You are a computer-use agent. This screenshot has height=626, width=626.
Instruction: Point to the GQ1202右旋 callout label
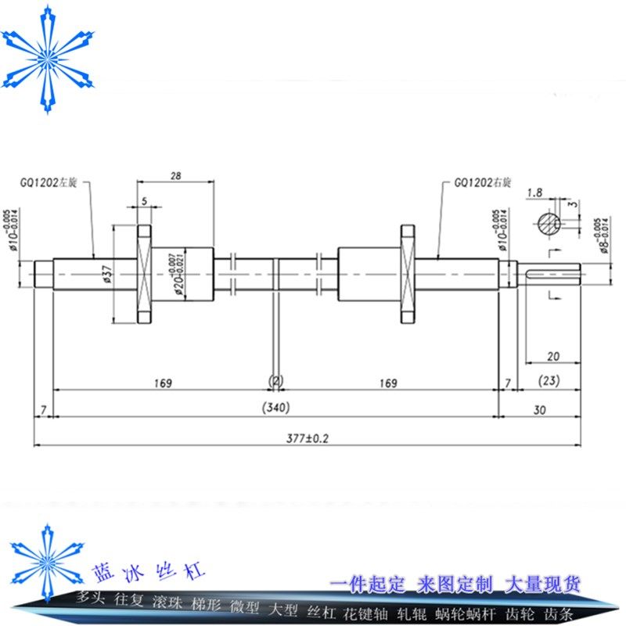[x=484, y=183]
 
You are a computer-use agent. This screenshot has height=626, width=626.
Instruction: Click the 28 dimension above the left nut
[x=175, y=176]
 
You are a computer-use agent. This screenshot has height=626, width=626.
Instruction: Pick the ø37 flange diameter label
[x=107, y=272]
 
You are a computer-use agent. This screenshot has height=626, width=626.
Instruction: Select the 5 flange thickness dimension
[x=145, y=200]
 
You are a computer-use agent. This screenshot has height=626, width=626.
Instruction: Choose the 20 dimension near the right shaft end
[x=553, y=356]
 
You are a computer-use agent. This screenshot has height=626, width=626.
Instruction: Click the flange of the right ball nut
[x=407, y=273]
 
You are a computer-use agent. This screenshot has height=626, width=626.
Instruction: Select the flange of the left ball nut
[x=144, y=273]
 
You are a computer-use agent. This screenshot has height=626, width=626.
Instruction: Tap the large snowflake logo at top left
[x=48, y=58]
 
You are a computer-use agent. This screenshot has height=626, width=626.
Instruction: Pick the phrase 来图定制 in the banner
[x=455, y=584]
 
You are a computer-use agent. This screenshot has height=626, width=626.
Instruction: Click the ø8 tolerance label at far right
[x=600, y=234]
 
